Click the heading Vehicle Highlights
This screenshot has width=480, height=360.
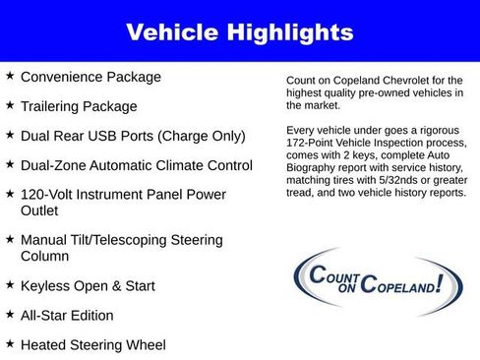pos(240,32)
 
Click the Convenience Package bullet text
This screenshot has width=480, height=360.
pos(90,77)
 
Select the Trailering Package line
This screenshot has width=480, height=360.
pos(79,106)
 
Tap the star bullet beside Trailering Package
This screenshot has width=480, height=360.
pos(10,104)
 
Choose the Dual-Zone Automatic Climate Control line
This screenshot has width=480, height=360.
pos(136,165)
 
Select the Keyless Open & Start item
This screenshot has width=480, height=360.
pos(88,286)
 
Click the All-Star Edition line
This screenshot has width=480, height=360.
pos(67,316)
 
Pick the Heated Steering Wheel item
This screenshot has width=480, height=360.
pos(93,345)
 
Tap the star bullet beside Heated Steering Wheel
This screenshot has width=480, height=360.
pos(10,343)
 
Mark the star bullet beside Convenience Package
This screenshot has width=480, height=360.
pos(10,75)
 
